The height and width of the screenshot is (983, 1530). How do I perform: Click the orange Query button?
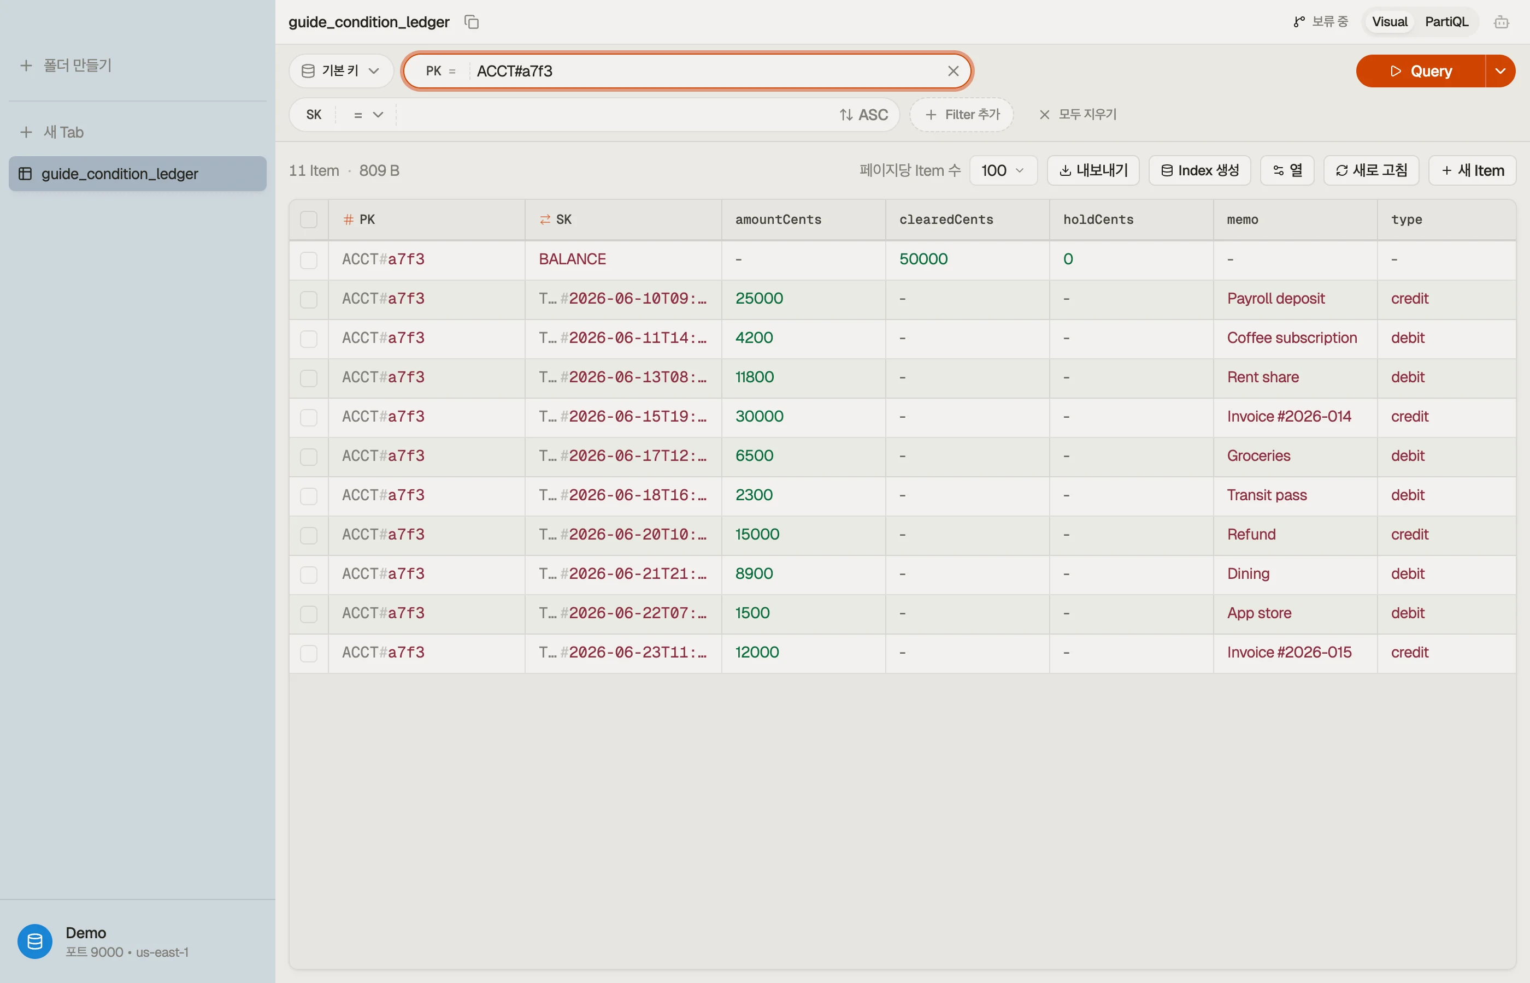[1420, 71]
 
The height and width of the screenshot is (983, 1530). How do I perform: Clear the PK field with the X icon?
[953, 71]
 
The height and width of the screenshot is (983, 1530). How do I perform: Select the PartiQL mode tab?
[1446, 22]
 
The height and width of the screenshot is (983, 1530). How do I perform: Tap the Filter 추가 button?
[962, 115]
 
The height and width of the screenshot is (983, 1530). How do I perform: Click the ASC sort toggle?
[863, 115]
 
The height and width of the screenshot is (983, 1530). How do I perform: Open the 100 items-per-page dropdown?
[1003, 170]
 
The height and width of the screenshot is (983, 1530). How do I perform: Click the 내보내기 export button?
[1093, 170]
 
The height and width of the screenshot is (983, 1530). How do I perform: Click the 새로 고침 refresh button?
[1371, 170]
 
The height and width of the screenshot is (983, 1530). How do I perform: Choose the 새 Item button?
[1472, 170]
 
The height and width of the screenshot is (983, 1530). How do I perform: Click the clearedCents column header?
[946, 220]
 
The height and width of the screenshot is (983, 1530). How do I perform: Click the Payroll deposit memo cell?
[1275, 299]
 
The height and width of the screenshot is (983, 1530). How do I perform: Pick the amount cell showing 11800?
[754, 377]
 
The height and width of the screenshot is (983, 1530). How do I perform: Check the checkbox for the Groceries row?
[308, 457]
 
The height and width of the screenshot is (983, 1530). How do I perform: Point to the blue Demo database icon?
[35, 941]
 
